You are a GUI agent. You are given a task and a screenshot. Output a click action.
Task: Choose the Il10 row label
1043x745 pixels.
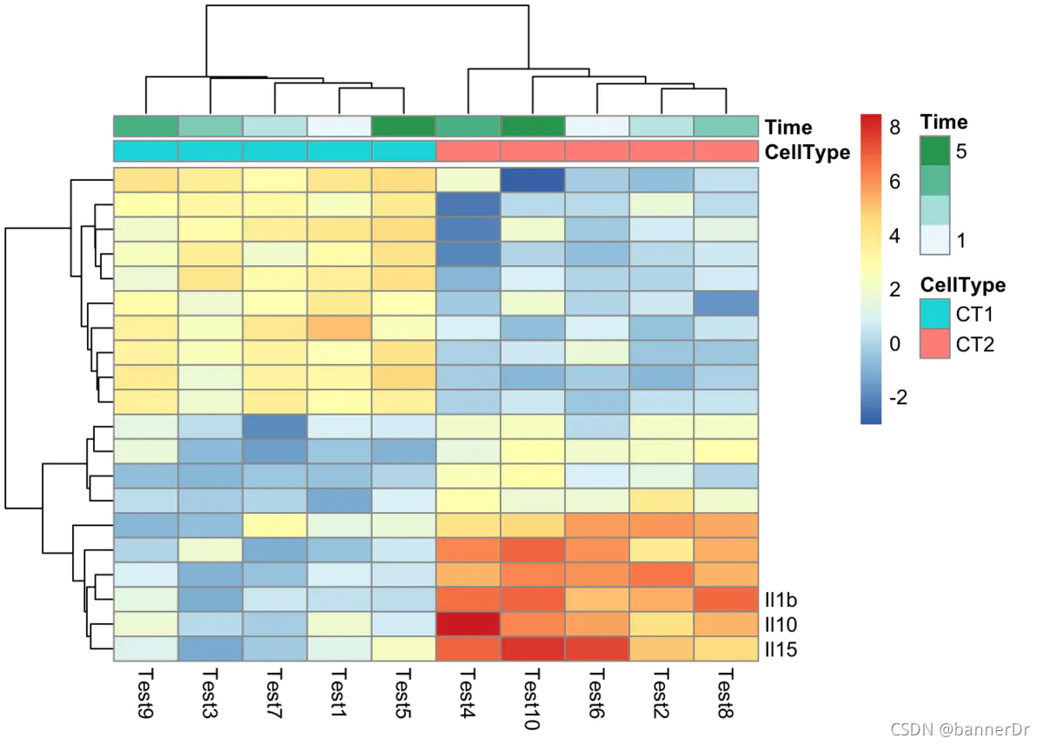781,624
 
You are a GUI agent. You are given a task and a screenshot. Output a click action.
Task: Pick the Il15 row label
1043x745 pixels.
781,649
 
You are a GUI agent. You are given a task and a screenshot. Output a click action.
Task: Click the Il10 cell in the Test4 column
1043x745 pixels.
468,624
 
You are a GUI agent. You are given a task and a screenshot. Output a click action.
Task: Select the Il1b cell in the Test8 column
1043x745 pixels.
726,600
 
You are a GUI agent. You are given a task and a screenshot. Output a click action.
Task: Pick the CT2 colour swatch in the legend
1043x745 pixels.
934,343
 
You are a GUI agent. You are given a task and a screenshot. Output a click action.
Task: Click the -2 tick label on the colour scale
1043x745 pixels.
899,398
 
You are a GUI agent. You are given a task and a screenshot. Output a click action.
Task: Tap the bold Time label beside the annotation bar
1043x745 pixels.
788,127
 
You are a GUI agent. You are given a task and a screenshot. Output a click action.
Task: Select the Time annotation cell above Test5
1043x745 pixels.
403,126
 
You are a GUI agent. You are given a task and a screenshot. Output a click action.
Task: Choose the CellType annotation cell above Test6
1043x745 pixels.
596,150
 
